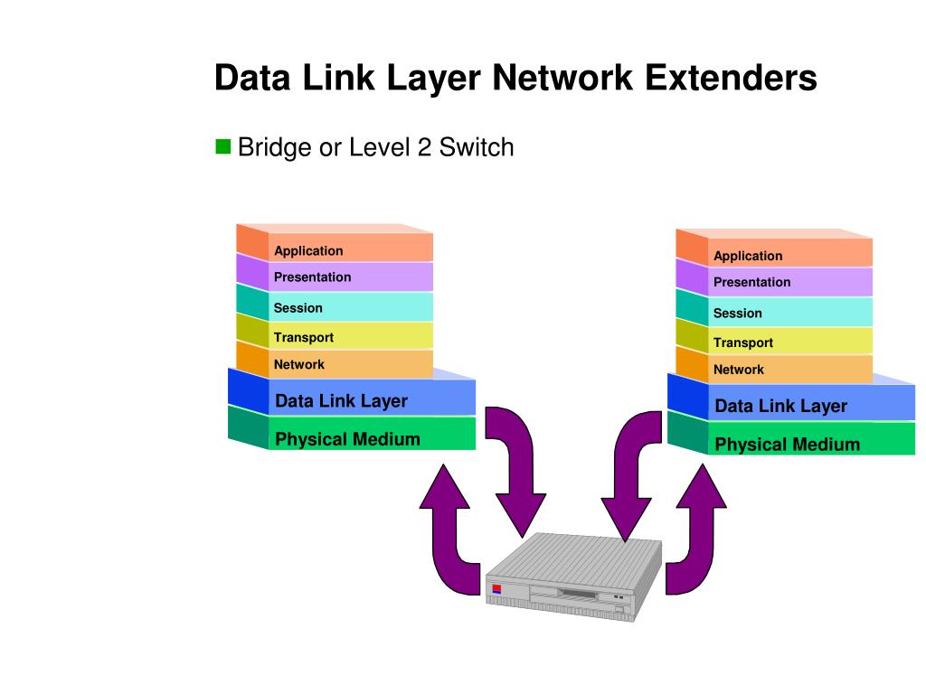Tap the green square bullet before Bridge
pyautogui.click(x=222, y=146)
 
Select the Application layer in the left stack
pyautogui.click(x=350, y=250)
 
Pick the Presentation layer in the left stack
pyautogui.click(x=350, y=277)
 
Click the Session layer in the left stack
pyautogui.click(x=350, y=307)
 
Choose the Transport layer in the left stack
pyautogui.click(x=350, y=337)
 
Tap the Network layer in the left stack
pyautogui.click(x=350, y=364)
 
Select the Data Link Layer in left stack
pyautogui.click(x=371, y=400)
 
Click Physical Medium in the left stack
pyautogui.click(x=371, y=439)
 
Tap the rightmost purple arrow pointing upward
pyautogui.click(x=699, y=533)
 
